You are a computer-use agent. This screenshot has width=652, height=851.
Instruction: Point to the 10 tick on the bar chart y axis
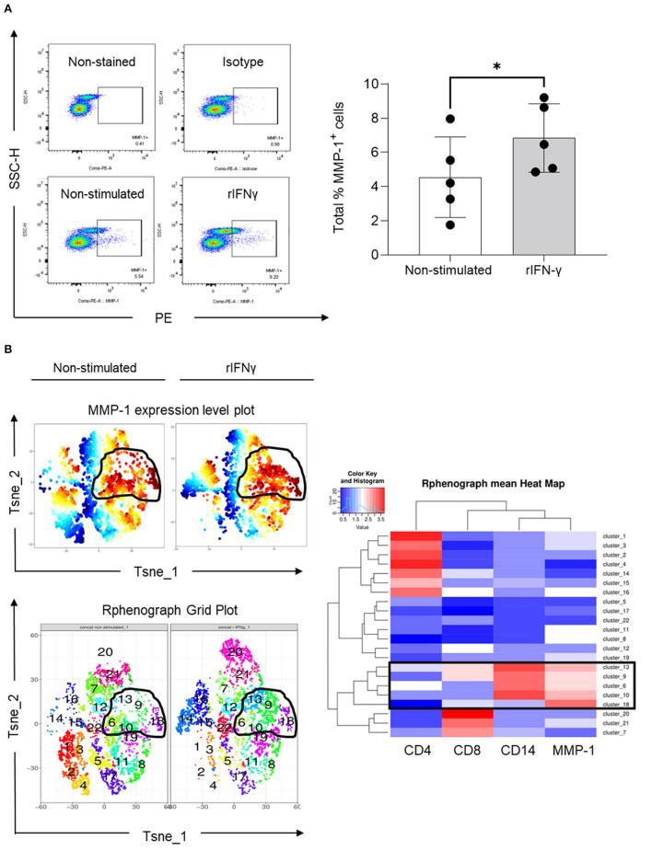click(373, 84)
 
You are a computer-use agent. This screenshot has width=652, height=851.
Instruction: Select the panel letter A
click(8, 8)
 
